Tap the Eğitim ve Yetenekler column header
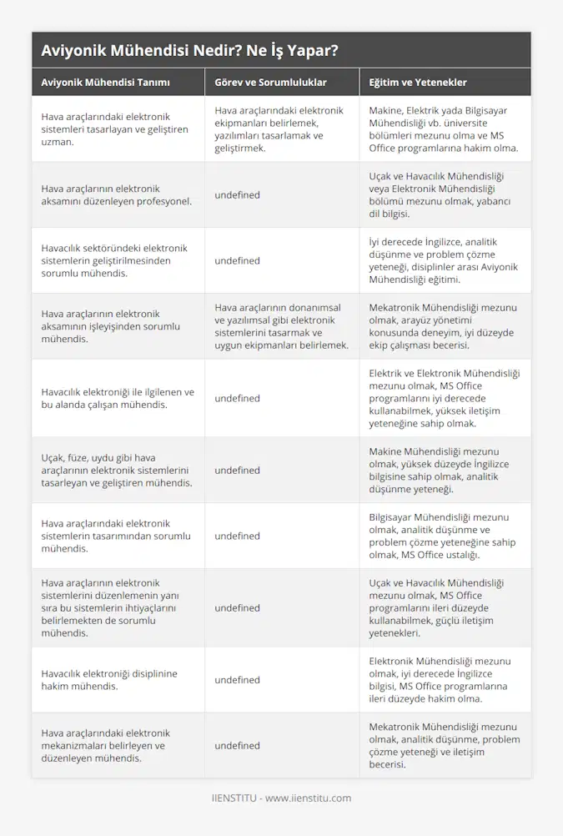pos(418,83)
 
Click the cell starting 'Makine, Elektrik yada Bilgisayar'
pos(444,129)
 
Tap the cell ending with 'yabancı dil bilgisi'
pos(444,195)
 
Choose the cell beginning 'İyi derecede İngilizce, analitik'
pos(444,260)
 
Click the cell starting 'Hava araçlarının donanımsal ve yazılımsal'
pos(280,326)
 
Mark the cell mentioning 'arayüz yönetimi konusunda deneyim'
pos(444,326)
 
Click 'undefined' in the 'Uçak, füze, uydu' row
pos(237,471)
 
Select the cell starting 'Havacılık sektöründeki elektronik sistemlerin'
pos(114,260)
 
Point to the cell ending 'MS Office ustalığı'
pos(444,536)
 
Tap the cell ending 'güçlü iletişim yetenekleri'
pos(444,607)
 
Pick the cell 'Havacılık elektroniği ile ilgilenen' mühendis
pos(118,398)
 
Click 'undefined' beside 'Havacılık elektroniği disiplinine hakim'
pos(237,680)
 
